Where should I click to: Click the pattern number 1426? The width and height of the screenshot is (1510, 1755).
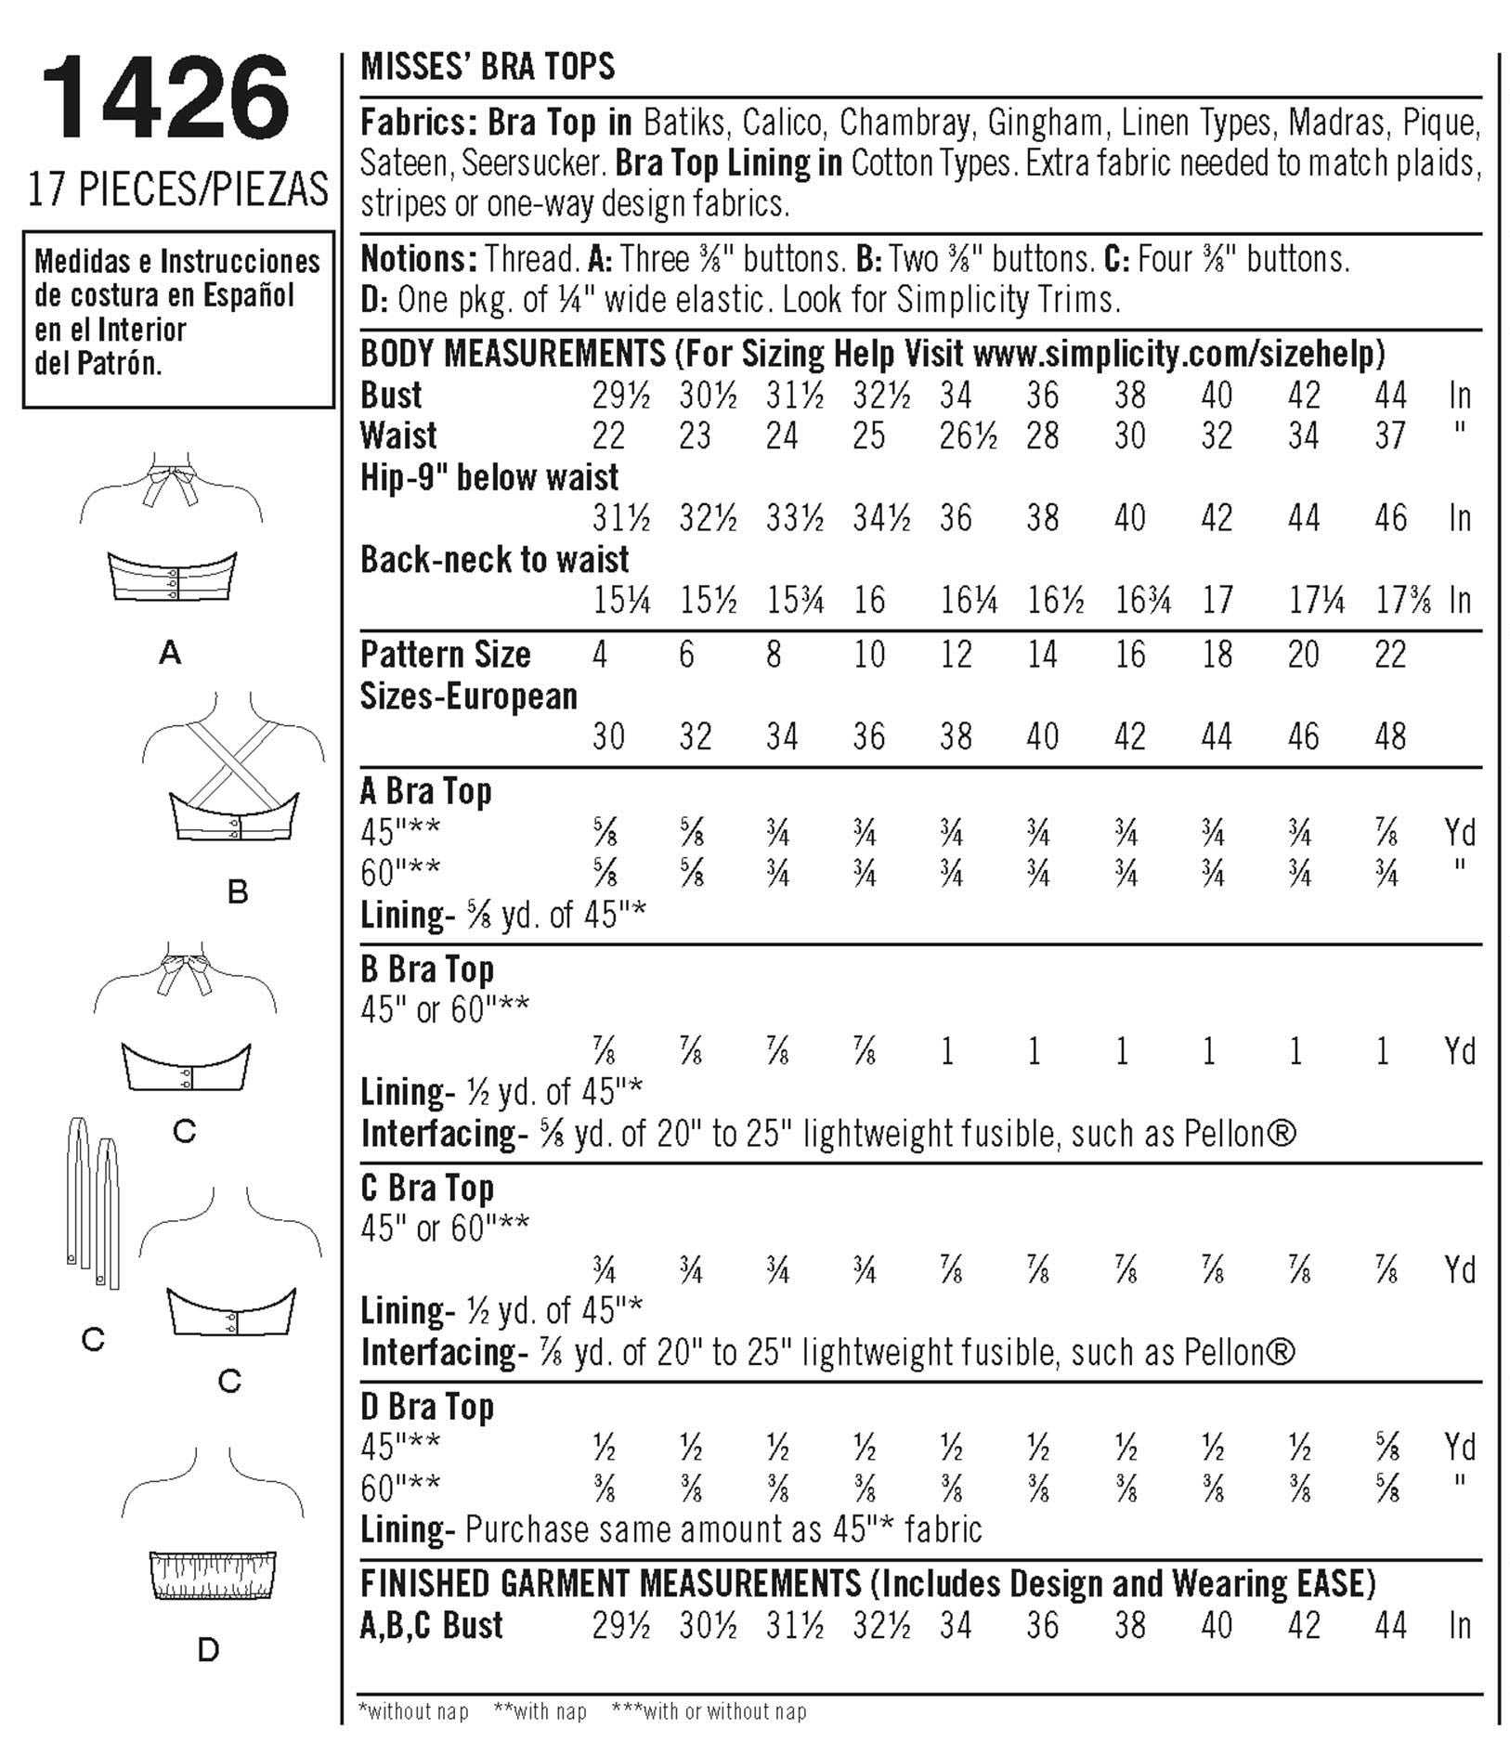pyautogui.click(x=165, y=99)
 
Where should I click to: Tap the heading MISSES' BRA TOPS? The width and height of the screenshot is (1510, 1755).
pyautogui.click(x=488, y=67)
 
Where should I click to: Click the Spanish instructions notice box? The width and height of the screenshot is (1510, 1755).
pyautogui.click(x=177, y=318)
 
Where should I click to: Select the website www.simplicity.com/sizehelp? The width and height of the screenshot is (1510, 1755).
pyautogui.click(x=1178, y=354)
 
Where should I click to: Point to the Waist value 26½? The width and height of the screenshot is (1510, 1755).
pyautogui.click(x=968, y=435)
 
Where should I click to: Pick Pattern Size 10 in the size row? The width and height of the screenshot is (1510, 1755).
pyautogui.click(x=868, y=655)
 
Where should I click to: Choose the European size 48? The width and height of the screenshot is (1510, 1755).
pyautogui.click(x=1390, y=736)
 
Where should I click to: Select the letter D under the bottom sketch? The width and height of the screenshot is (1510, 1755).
pyautogui.click(x=208, y=1650)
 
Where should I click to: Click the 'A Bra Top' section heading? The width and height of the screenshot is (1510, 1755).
pyautogui.click(x=425, y=791)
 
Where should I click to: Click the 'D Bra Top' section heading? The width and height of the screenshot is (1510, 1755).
pyautogui.click(x=426, y=1407)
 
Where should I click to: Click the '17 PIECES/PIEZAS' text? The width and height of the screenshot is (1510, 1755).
pyautogui.click(x=177, y=188)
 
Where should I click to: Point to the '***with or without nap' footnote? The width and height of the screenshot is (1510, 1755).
pyautogui.click(x=709, y=1710)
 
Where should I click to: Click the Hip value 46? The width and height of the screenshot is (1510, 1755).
pyautogui.click(x=1390, y=518)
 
